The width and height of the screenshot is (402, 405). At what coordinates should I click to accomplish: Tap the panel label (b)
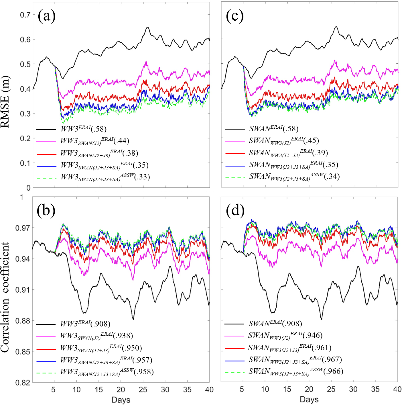pos(46,211)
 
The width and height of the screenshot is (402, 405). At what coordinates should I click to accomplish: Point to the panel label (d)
pos(235,211)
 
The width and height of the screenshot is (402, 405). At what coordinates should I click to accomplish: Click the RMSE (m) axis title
pos(5,102)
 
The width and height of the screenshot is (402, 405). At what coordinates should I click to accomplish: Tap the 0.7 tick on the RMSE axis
pos(25,15)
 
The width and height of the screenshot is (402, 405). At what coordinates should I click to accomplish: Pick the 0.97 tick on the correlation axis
pos(23,228)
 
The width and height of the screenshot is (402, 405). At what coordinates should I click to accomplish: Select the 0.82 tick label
pos(23,383)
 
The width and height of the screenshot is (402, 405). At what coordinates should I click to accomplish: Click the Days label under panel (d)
pos(309,400)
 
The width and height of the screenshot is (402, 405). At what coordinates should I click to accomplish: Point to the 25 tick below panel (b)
pos(143,390)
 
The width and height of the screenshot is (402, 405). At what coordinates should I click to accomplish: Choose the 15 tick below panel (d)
pos(287,389)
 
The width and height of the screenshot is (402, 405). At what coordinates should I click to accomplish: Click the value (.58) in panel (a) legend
pos(99,129)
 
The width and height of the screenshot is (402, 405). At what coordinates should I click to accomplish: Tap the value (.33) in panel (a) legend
pos(142,177)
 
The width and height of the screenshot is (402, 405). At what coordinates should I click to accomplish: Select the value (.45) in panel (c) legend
pos(311,140)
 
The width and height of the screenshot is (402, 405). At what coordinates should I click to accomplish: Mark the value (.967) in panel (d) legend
pos(332,359)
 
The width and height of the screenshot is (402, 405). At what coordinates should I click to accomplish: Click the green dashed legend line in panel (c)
pos(235,178)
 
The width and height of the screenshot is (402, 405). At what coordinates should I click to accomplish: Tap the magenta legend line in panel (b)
pos(46,336)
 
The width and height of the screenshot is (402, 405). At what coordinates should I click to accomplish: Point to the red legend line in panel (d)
pos(234,349)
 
